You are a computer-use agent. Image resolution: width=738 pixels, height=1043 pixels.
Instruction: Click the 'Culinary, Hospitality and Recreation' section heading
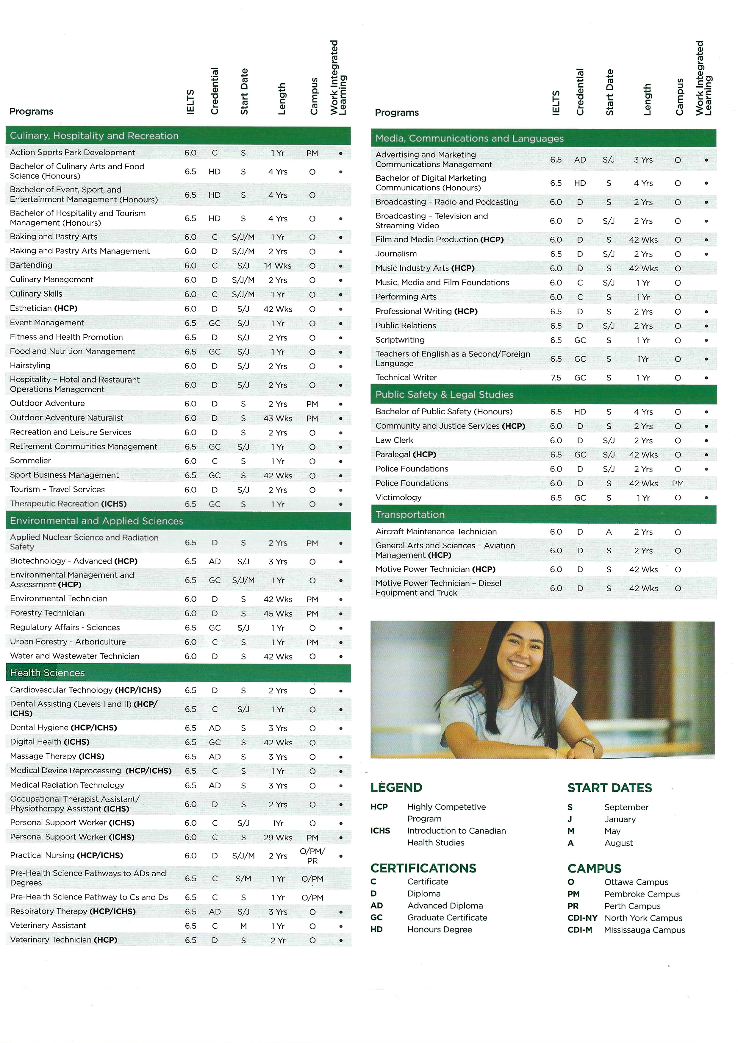pyautogui.click(x=94, y=136)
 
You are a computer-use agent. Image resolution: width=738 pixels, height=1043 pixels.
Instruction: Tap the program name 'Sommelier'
pyautogui.click(x=30, y=461)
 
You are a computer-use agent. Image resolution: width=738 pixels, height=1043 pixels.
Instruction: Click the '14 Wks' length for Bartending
pyautogui.click(x=278, y=266)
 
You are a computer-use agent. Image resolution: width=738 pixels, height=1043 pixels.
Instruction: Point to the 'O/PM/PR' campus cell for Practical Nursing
pyautogui.click(x=312, y=856)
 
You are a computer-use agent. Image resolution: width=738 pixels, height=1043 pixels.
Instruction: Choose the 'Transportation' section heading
pyautogui.click(x=410, y=514)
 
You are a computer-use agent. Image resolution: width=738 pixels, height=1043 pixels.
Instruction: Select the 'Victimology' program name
pyautogui.click(x=398, y=498)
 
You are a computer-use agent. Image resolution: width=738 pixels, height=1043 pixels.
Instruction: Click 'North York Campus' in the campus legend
pyautogui.click(x=643, y=918)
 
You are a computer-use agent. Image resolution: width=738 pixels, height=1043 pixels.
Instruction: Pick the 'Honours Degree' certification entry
pyautogui.click(x=440, y=929)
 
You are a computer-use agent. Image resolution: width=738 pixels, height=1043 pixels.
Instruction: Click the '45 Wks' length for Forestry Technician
pyautogui.click(x=278, y=613)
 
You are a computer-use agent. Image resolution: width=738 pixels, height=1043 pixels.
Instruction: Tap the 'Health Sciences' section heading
pyautogui.click(x=47, y=673)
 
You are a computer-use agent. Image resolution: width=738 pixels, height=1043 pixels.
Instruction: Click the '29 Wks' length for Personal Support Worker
pyautogui.click(x=278, y=838)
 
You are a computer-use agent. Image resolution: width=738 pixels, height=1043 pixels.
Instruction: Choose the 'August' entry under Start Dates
pyautogui.click(x=618, y=843)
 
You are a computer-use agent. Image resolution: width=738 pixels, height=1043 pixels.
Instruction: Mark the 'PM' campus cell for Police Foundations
pyautogui.click(x=678, y=484)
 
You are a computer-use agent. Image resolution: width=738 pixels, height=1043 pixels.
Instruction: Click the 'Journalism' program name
pyautogui.click(x=396, y=254)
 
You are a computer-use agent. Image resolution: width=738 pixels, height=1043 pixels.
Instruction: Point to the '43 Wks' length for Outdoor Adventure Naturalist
pyautogui.click(x=278, y=419)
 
